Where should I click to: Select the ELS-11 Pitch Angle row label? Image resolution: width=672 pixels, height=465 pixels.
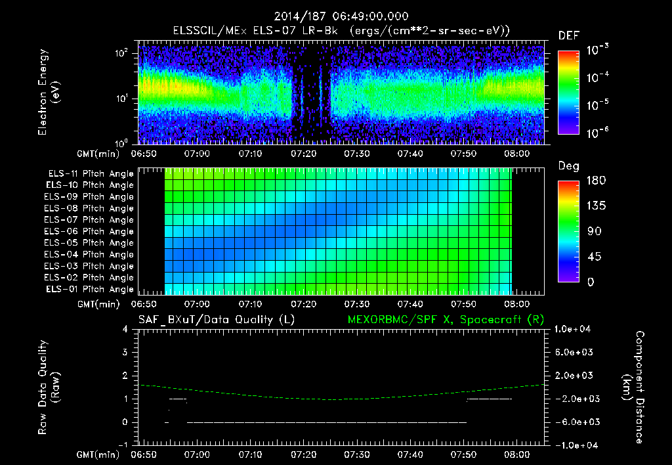[91, 173]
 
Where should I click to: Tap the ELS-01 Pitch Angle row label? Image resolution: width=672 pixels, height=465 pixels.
[91, 289]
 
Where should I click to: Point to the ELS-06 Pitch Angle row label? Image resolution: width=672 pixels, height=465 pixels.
[91, 231]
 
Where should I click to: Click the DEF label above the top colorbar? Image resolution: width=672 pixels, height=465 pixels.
[568, 35]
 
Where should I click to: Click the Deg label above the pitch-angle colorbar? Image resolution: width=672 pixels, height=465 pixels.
[568, 166]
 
